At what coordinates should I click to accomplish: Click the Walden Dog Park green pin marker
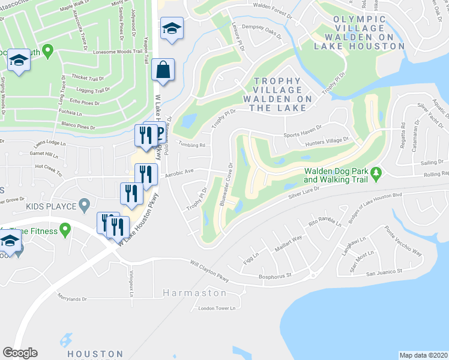coord(376,173)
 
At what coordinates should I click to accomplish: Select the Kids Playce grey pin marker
coord(85,205)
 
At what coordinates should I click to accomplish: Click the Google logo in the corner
coord(20,353)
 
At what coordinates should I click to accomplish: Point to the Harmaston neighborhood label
coord(194,293)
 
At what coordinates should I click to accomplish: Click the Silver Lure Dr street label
coord(306,191)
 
